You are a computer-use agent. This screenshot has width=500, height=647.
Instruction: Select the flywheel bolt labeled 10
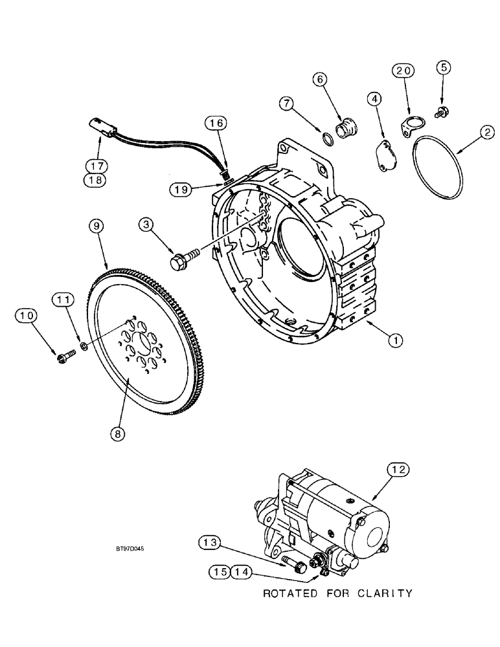(62, 355)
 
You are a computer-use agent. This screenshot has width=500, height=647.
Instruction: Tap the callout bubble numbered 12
(398, 470)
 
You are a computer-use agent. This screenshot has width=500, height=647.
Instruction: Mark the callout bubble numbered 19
(183, 189)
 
